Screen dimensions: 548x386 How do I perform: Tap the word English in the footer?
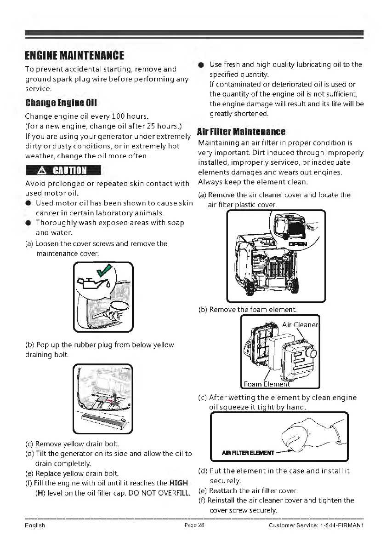pyautogui.click(x=34, y=526)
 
